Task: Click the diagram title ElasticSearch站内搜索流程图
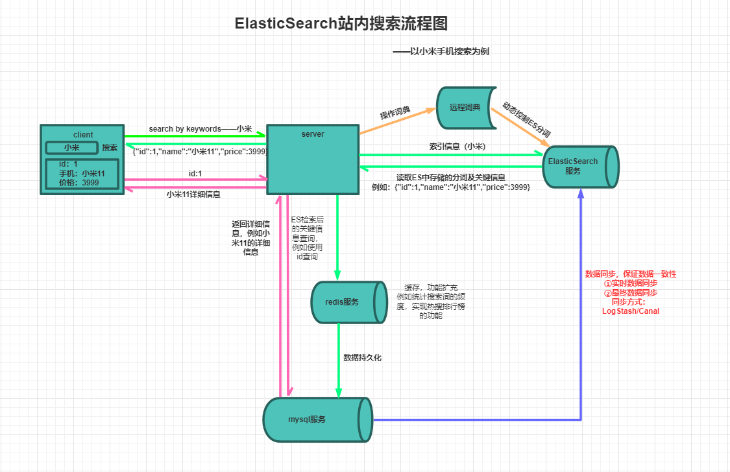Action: (341, 24)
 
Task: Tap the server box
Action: (313, 159)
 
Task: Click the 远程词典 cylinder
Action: (466, 107)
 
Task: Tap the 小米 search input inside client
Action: (71, 148)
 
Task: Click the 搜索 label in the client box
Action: (110, 148)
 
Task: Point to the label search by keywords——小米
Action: (200, 129)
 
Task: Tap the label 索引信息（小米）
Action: (457, 147)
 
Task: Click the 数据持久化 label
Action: (363, 358)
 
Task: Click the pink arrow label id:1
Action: (195, 173)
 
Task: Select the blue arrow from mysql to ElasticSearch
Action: (581, 324)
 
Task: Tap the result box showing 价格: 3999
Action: (82, 174)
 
